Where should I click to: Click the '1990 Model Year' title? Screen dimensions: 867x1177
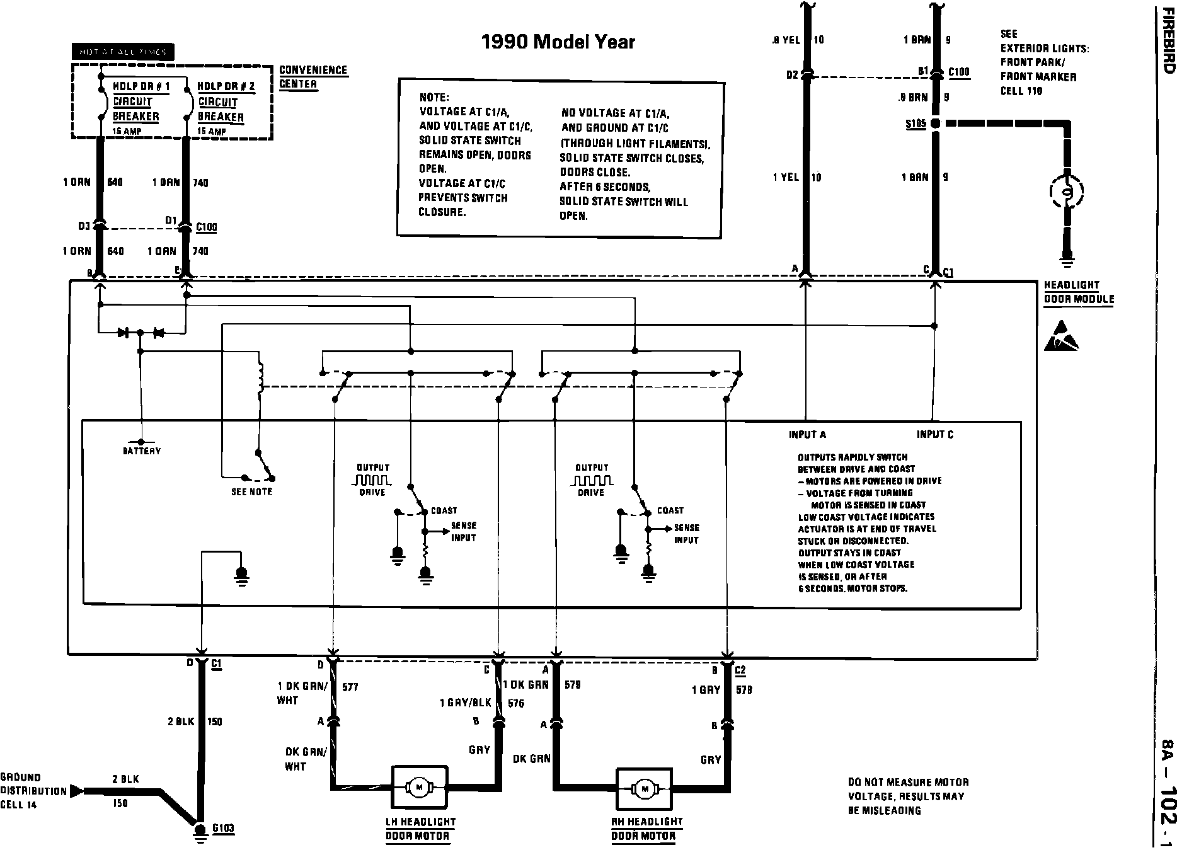[558, 42]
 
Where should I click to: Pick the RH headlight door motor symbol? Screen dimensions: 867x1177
[644, 788]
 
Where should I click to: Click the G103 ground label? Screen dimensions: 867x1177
[223, 828]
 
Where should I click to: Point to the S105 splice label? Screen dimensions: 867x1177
[916, 123]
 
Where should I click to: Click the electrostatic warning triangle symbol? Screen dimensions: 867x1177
[1061, 336]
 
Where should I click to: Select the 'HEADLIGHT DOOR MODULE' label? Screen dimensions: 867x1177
[1079, 292]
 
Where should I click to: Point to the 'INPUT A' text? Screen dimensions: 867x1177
[807, 434]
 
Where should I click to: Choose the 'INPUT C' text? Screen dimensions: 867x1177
[935, 434]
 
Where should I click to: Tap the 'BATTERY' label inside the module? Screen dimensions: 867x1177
[142, 451]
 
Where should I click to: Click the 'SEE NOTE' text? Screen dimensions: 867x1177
[251, 491]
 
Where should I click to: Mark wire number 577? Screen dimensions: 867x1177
[350, 687]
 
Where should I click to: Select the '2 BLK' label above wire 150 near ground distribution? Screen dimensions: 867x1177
[126, 779]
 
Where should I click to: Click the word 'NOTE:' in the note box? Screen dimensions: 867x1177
[433, 98]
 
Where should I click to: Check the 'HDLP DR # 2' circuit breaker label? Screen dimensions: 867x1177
[226, 86]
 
